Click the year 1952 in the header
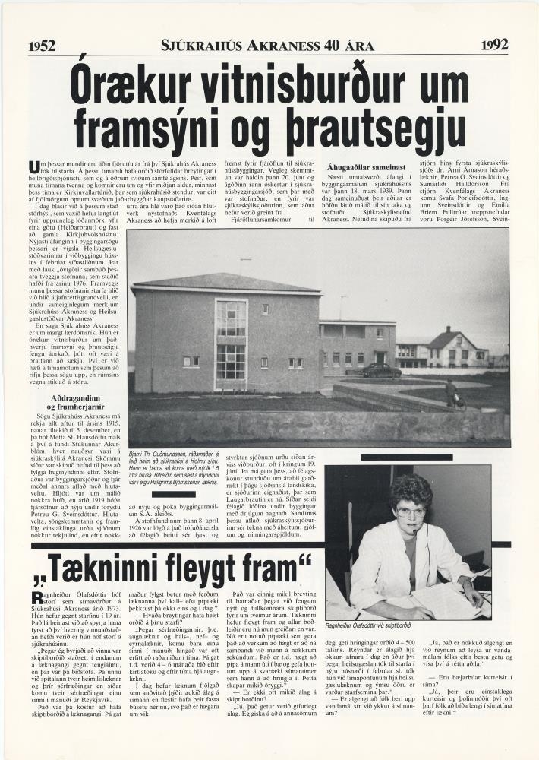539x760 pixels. (43, 46)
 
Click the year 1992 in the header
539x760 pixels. (494, 45)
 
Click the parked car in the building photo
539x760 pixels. (381, 370)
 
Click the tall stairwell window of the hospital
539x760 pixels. (231, 342)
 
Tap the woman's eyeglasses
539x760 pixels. (409, 512)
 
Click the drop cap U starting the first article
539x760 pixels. (33, 167)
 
